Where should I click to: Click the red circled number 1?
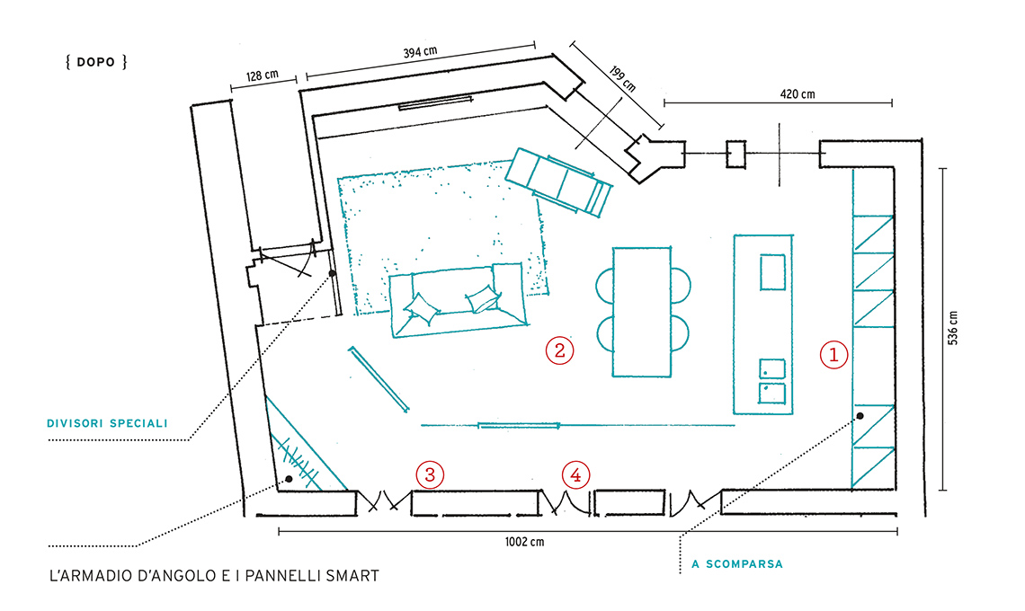(833, 355)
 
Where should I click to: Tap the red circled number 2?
(559, 350)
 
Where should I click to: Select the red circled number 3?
(430, 474)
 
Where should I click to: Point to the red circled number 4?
(576, 474)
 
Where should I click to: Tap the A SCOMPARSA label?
(737, 565)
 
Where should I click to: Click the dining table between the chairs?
(641, 310)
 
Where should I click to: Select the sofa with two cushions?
(458, 301)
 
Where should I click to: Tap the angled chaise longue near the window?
(558, 182)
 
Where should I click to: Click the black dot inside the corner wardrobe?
(290, 479)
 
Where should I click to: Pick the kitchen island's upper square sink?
(772, 271)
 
